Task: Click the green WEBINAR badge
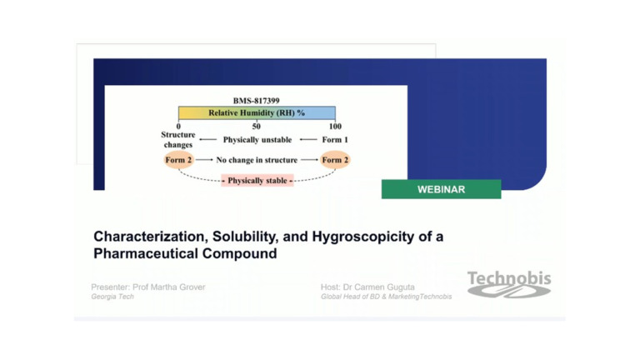441,189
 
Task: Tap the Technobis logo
508,284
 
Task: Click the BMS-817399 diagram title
256,101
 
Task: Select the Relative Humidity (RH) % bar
257,112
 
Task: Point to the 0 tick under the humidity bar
178,127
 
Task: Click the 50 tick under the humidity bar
257,127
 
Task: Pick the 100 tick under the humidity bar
335,127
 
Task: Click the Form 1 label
335,140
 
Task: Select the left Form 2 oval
178,159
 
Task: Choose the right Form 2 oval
335,159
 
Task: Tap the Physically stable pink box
257,180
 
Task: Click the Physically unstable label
257,140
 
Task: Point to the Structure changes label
178,139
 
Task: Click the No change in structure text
257,159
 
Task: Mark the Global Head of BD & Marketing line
386,297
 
